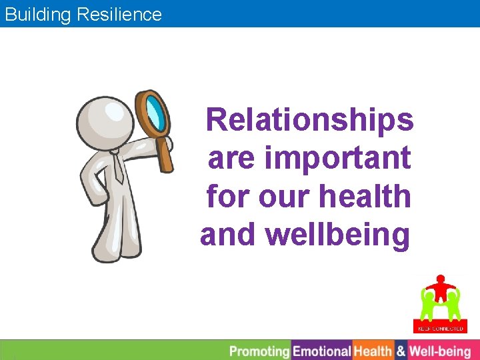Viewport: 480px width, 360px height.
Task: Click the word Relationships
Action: tap(310, 121)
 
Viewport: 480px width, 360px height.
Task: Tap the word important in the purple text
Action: tap(338, 159)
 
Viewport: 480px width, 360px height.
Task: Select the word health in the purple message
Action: tap(374, 197)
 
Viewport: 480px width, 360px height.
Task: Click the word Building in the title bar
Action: tap(38, 14)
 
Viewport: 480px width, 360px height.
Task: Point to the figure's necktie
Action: tap(119, 167)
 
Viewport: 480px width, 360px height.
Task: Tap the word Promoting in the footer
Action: tap(259, 351)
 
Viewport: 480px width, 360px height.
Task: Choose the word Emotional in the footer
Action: tap(322, 351)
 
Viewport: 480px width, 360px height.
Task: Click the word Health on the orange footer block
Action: tap(373, 351)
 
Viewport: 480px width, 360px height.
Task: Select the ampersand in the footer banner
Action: tap(401, 351)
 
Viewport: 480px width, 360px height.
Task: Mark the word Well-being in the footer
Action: tap(440, 351)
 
